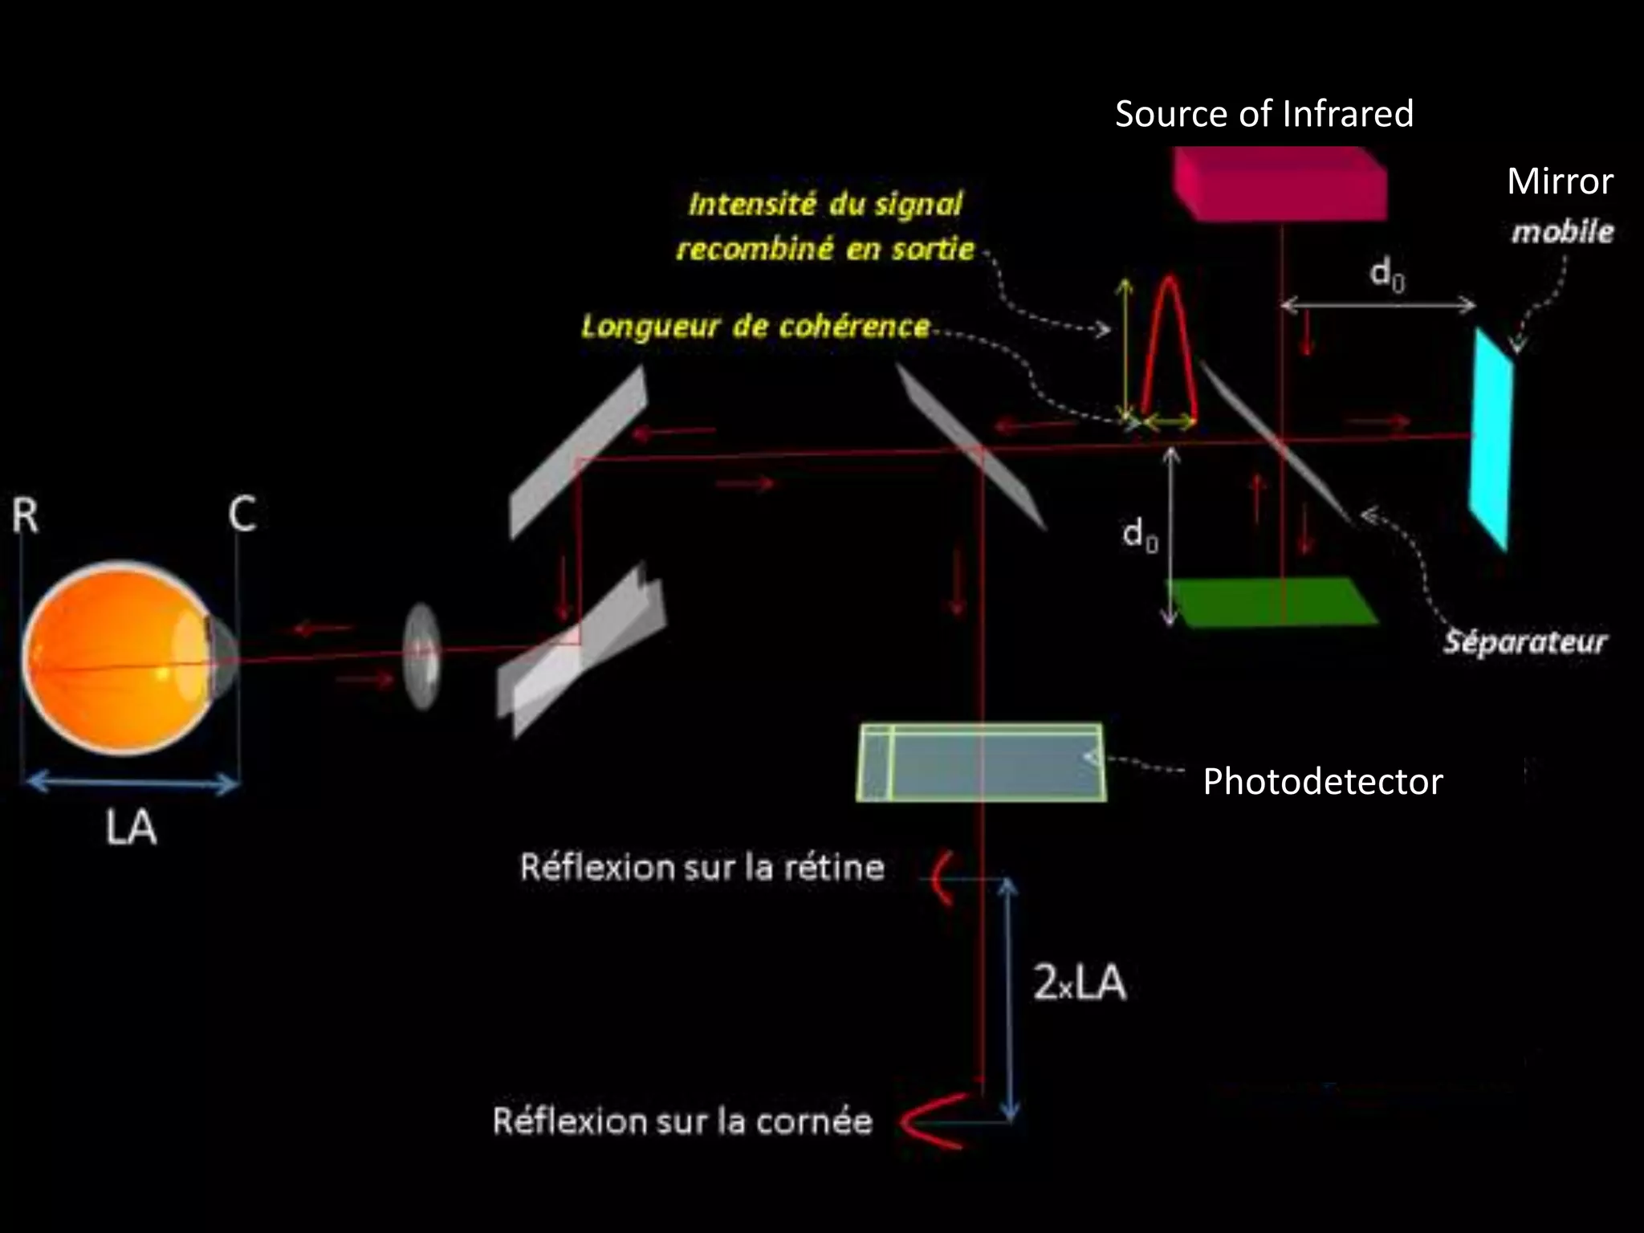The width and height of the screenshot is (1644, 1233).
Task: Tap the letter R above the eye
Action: coord(25,515)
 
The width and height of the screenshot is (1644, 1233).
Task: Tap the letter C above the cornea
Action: coord(242,515)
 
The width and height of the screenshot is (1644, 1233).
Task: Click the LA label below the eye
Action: coord(131,828)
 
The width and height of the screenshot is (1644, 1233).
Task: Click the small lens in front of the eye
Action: coord(422,656)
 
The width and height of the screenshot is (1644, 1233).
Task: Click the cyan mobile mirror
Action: coord(1491,440)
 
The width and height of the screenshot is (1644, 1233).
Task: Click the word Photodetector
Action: coord(1322,782)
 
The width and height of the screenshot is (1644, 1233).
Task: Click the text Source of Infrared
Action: coord(1264,114)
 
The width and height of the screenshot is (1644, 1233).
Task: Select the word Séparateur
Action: coord(1524,642)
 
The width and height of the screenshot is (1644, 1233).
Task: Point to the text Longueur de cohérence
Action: coord(755,327)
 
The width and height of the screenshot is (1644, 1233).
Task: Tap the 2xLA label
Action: coord(1079,983)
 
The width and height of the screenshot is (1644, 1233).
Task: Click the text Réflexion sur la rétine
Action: coord(702,868)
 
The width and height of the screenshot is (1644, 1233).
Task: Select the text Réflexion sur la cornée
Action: coord(682,1121)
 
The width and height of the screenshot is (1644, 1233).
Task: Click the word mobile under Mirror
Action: coord(1562,232)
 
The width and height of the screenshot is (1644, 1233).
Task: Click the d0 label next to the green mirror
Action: coord(1140,534)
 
